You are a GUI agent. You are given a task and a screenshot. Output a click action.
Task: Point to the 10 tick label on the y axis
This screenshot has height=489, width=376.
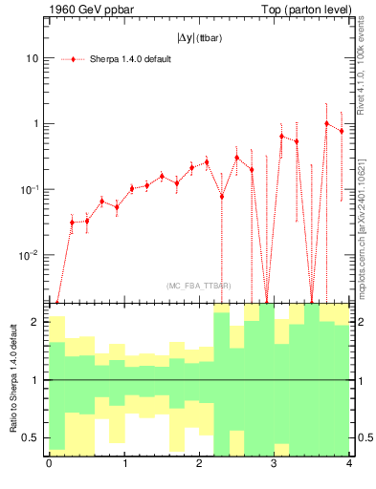(x=32, y=58)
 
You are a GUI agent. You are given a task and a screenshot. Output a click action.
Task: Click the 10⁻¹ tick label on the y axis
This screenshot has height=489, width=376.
(x=30, y=189)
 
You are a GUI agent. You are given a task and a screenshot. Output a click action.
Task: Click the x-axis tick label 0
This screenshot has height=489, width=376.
(x=49, y=464)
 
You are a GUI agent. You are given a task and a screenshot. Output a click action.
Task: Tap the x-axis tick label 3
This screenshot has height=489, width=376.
(x=274, y=464)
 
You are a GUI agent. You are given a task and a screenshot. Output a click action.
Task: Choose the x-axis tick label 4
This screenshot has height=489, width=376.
(x=348, y=464)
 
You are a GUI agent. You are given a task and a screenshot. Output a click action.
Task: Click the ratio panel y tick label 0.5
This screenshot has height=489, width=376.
(x=30, y=438)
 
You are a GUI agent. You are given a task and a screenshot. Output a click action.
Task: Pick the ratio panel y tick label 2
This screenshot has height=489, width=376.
(x=34, y=323)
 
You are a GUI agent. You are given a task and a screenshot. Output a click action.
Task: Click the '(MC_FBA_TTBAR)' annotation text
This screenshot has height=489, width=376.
(x=197, y=286)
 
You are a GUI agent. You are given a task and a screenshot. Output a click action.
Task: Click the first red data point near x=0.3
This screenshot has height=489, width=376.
(x=72, y=223)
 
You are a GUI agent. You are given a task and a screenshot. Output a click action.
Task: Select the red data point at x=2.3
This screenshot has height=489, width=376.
(x=221, y=197)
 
